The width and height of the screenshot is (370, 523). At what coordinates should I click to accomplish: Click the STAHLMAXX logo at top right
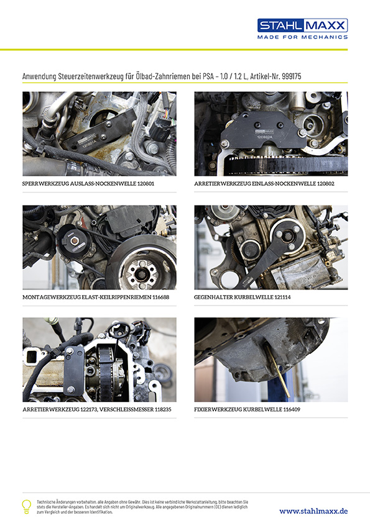point(302,25)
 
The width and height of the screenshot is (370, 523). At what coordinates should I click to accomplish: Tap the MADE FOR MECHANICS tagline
point(302,37)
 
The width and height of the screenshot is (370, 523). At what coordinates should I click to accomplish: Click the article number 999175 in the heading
point(292,76)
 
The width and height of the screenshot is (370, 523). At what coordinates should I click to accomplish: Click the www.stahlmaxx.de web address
point(313,511)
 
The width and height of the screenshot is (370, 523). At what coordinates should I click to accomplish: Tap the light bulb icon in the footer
point(27,506)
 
